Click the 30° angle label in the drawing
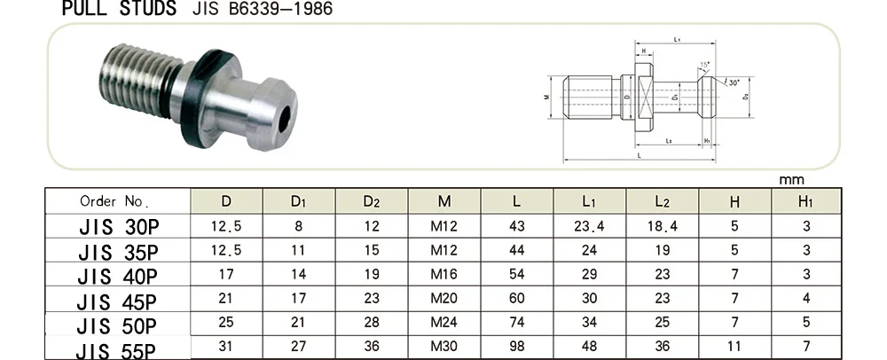(x=734, y=82)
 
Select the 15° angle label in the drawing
(x=704, y=66)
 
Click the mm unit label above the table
(x=790, y=179)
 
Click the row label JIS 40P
(x=117, y=276)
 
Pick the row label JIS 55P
(x=117, y=348)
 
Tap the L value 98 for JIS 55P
(x=517, y=347)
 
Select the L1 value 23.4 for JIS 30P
(x=589, y=226)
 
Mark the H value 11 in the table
(x=734, y=347)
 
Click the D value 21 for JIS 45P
(x=226, y=299)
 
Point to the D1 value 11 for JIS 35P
(x=299, y=250)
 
